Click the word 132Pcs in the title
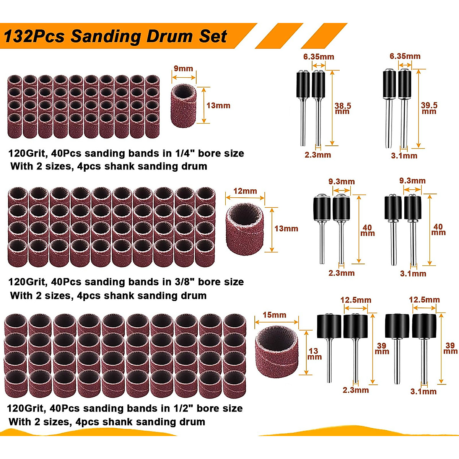pos(34,37)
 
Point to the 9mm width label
pos(183,68)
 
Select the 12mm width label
pos(245,191)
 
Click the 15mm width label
pos(274,315)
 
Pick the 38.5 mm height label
pos(342,108)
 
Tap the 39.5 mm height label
pos(429,108)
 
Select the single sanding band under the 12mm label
pos(245,229)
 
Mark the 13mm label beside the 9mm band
pos(218,106)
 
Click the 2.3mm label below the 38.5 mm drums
pos(318,155)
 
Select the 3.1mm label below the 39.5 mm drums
pos(404,156)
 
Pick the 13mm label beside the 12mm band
pos(286,229)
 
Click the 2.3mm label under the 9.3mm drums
pos(341,273)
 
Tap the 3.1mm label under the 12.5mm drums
pos(423,391)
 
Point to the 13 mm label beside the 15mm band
pos(314,354)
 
